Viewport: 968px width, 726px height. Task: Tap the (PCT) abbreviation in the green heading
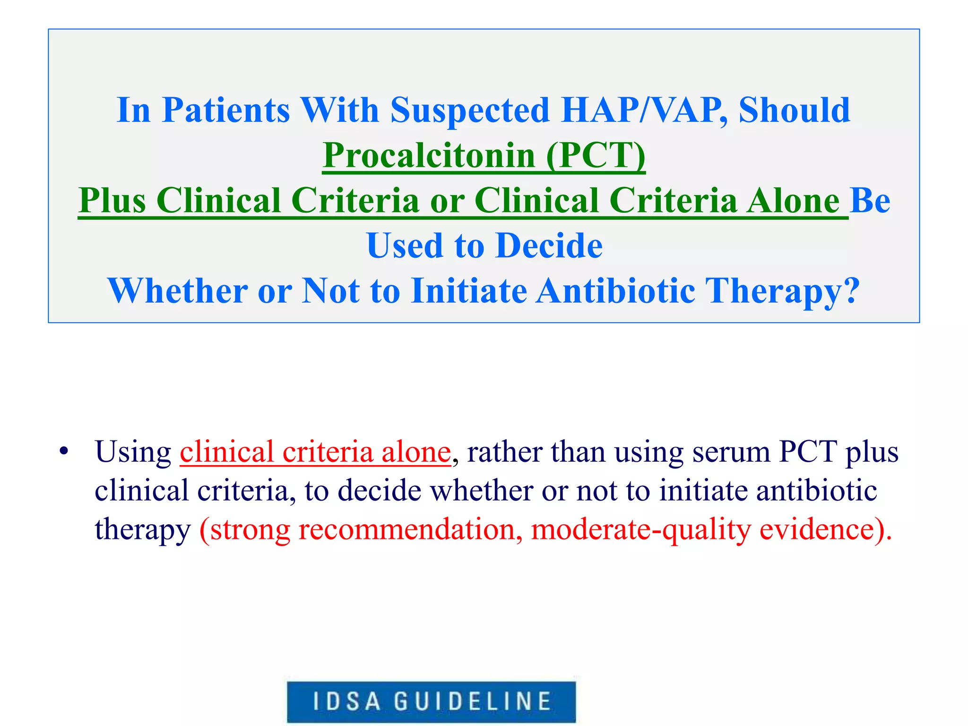point(596,156)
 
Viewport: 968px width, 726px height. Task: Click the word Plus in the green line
point(112,200)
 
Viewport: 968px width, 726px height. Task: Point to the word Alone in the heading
point(793,200)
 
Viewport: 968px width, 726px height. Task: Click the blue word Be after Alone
point(870,200)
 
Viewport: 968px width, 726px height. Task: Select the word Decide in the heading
point(549,246)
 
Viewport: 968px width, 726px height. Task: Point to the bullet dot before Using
point(64,452)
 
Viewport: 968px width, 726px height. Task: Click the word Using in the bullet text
point(133,452)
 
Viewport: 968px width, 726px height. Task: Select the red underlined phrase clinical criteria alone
point(315,452)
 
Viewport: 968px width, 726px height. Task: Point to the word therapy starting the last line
point(142,529)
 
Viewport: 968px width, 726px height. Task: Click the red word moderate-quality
point(641,529)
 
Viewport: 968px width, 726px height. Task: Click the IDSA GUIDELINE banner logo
point(432,701)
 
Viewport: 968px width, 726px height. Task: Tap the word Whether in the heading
point(177,291)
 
